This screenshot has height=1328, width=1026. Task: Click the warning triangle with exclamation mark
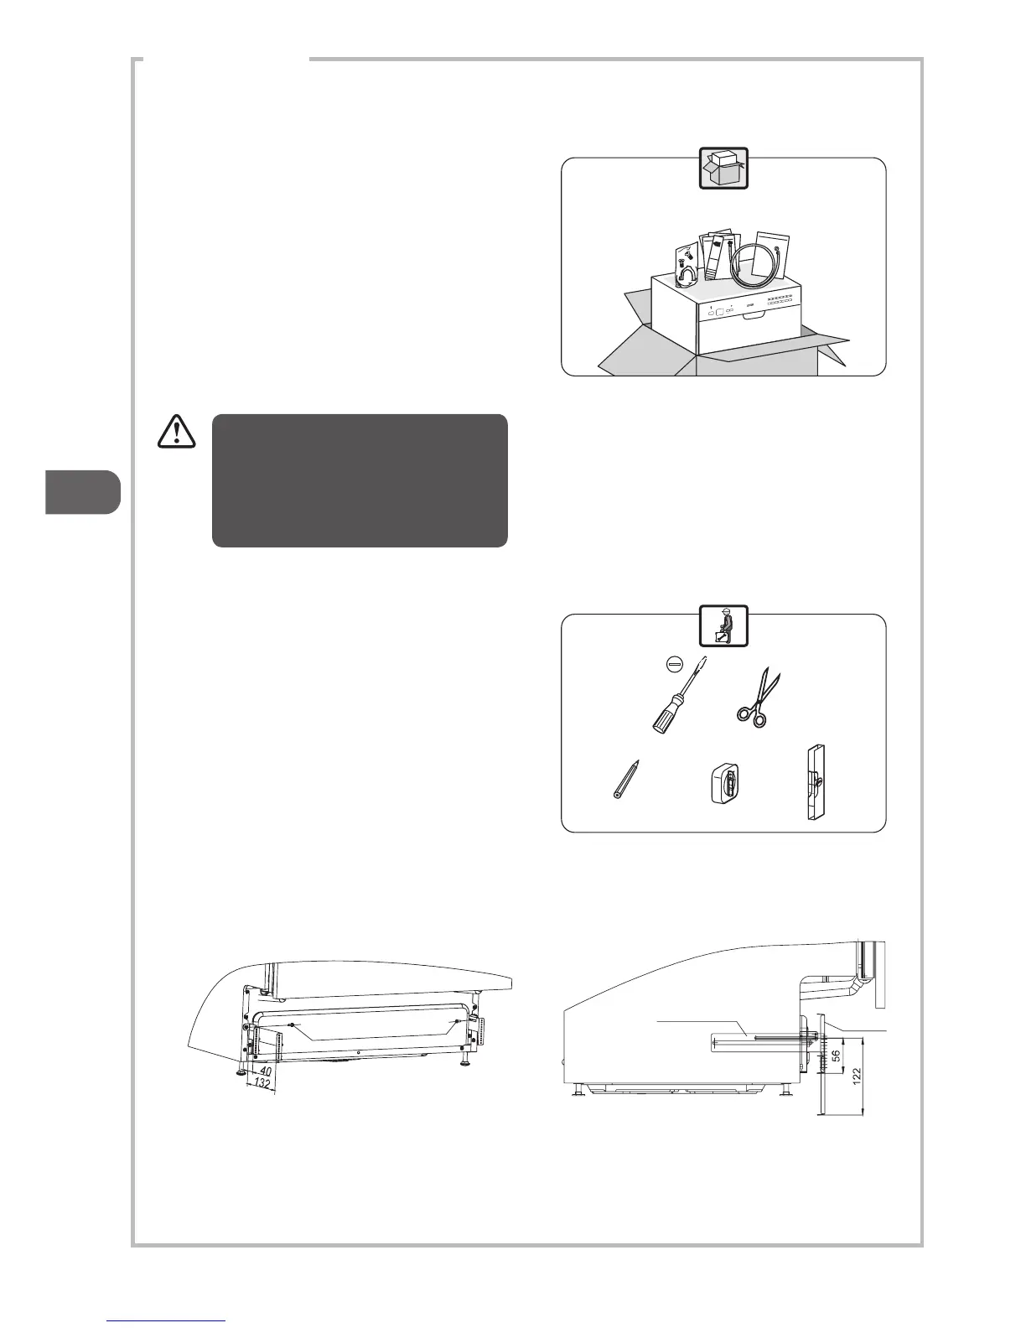[176, 431]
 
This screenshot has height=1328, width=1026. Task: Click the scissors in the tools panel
[758, 695]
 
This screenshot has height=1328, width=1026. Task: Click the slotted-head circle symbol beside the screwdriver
[671, 662]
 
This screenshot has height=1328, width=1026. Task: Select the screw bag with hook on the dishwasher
[687, 269]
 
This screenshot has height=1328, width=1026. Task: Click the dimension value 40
[265, 1071]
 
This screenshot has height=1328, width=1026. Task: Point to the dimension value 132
[262, 1084]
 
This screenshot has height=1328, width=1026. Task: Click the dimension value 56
[836, 1055]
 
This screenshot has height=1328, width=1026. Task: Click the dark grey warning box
[360, 480]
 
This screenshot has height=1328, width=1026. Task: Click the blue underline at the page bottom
[167, 1320]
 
